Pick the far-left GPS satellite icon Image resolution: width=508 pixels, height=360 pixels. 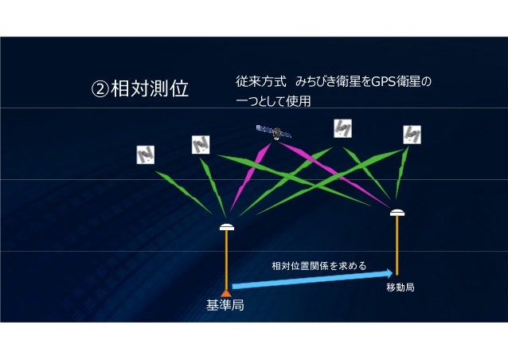(144, 155)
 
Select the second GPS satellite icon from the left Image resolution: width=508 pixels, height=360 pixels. (200, 145)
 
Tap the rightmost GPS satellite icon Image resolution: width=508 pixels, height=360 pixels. (412, 135)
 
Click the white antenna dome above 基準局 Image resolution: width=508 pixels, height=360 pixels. (227, 227)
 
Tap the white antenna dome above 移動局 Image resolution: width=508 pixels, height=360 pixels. (397, 213)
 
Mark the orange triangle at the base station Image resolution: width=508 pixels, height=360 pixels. (227, 292)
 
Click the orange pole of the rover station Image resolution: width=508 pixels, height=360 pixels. (397, 247)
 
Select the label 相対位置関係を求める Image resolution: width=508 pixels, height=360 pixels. (318, 265)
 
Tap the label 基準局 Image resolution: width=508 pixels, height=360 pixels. (225, 306)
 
